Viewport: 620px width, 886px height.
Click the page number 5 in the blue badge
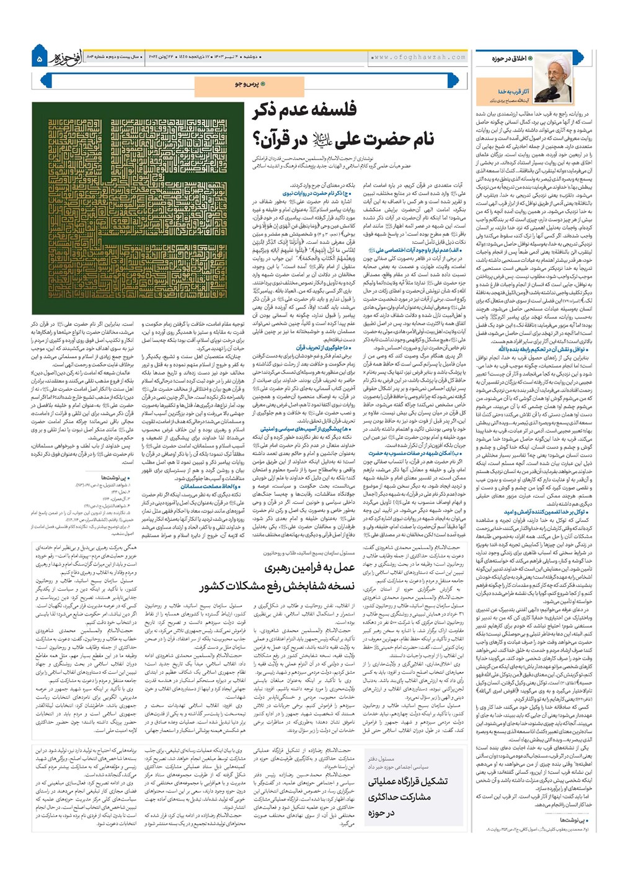pos(40,59)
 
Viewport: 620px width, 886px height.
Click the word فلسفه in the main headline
pos(334,111)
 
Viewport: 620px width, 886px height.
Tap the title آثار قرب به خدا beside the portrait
pos(513,92)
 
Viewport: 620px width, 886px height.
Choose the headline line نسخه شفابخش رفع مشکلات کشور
pos(277,587)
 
